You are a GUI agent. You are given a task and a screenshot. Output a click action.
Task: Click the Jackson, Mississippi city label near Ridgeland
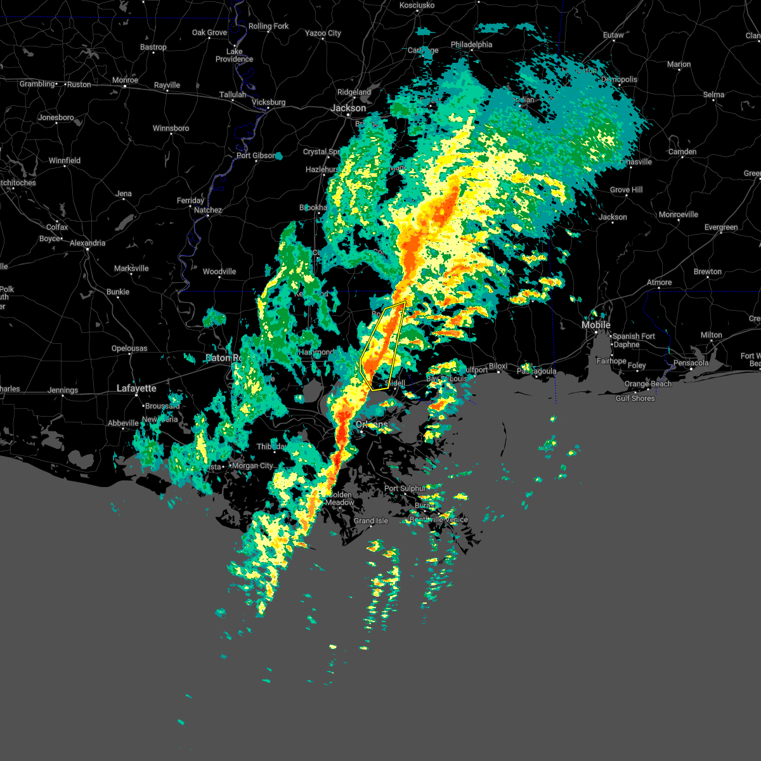pyautogui.click(x=348, y=108)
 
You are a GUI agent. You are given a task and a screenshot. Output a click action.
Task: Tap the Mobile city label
pyautogui.click(x=596, y=325)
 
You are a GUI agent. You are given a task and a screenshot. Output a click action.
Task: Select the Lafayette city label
pyautogui.click(x=136, y=388)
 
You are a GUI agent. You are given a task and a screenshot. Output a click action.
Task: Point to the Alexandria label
pyautogui.click(x=88, y=243)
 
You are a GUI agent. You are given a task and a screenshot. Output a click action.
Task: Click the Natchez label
pyautogui.click(x=208, y=210)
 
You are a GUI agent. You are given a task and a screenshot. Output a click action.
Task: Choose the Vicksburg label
pyautogui.click(x=269, y=102)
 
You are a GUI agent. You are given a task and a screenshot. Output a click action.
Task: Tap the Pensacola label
pyautogui.click(x=691, y=363)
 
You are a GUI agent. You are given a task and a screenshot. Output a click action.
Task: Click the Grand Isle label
pyautogui.click(x=371, y=521)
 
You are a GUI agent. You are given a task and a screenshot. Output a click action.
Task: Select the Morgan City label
pyautogui.click(x=252, y=465)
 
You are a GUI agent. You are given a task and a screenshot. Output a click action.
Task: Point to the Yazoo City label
pyautogui.click(x=323, y=33)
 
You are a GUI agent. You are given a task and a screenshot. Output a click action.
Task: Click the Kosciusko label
pyautogui.click(x=417, y=5)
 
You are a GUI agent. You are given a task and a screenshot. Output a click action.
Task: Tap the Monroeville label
pyautogui.click(x=679, y=214)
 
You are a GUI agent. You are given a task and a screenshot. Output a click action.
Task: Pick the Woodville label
pyautogui.click(x=219, y=271)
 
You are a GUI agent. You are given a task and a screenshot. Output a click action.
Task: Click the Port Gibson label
pyautogui.click(x=256, y=155)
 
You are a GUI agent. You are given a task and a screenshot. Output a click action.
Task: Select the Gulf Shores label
pyautogui.click(x=635, y=398)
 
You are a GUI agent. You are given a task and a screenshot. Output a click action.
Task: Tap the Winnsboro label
pyautogui.click(x=171, y=128)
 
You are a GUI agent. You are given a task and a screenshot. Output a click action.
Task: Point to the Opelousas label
pyautogui.click(x=129, y=348)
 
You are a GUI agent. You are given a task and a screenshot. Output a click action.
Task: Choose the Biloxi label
pyautogui.click(x=498, y=367)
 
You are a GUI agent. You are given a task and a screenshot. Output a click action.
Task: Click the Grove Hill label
pyautogui.click(x=626, y=190)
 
